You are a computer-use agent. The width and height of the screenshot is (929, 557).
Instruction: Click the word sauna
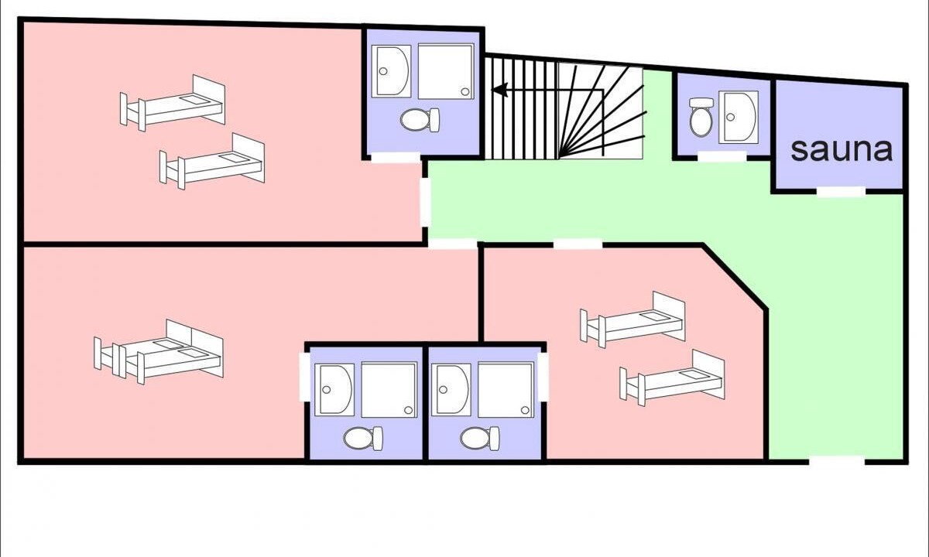(842, 150)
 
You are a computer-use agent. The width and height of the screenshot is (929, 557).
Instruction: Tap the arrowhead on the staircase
(500, 90)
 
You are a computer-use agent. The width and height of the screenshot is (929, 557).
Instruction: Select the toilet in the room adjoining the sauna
(701, 117)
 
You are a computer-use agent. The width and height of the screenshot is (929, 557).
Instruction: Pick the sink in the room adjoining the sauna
(739, 118)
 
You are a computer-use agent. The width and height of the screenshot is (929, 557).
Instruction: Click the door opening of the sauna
(841, 192)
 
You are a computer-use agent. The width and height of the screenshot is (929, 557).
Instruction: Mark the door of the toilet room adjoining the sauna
(722, 156)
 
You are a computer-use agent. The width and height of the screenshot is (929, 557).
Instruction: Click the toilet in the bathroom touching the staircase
(420, 120)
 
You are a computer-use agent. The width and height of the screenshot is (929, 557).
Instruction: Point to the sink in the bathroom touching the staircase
(391, 72)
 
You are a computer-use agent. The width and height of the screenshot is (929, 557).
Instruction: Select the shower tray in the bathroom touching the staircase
(446, 71)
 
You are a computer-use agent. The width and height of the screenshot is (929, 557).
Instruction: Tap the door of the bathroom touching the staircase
(396, 158)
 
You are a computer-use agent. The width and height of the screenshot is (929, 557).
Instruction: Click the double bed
(159, 352)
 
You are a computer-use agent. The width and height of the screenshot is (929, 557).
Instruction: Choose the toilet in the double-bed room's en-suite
(363, 439)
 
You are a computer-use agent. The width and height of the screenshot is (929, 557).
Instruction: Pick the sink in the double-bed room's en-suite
(334, 390)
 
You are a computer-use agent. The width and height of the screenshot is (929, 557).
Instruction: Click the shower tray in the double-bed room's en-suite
(389, 390)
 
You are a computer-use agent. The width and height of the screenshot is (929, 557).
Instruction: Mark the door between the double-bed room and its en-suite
(305, 378)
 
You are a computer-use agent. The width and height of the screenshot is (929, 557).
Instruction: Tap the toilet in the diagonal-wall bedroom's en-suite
(480, 439)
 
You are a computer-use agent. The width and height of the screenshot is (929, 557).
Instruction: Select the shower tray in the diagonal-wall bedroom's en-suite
(506, 390)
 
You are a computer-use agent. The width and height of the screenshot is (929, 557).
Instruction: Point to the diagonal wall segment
(734, 277)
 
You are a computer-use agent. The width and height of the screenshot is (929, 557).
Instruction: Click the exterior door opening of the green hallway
(837, 461)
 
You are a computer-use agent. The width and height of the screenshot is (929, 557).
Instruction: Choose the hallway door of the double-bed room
(452, 244)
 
